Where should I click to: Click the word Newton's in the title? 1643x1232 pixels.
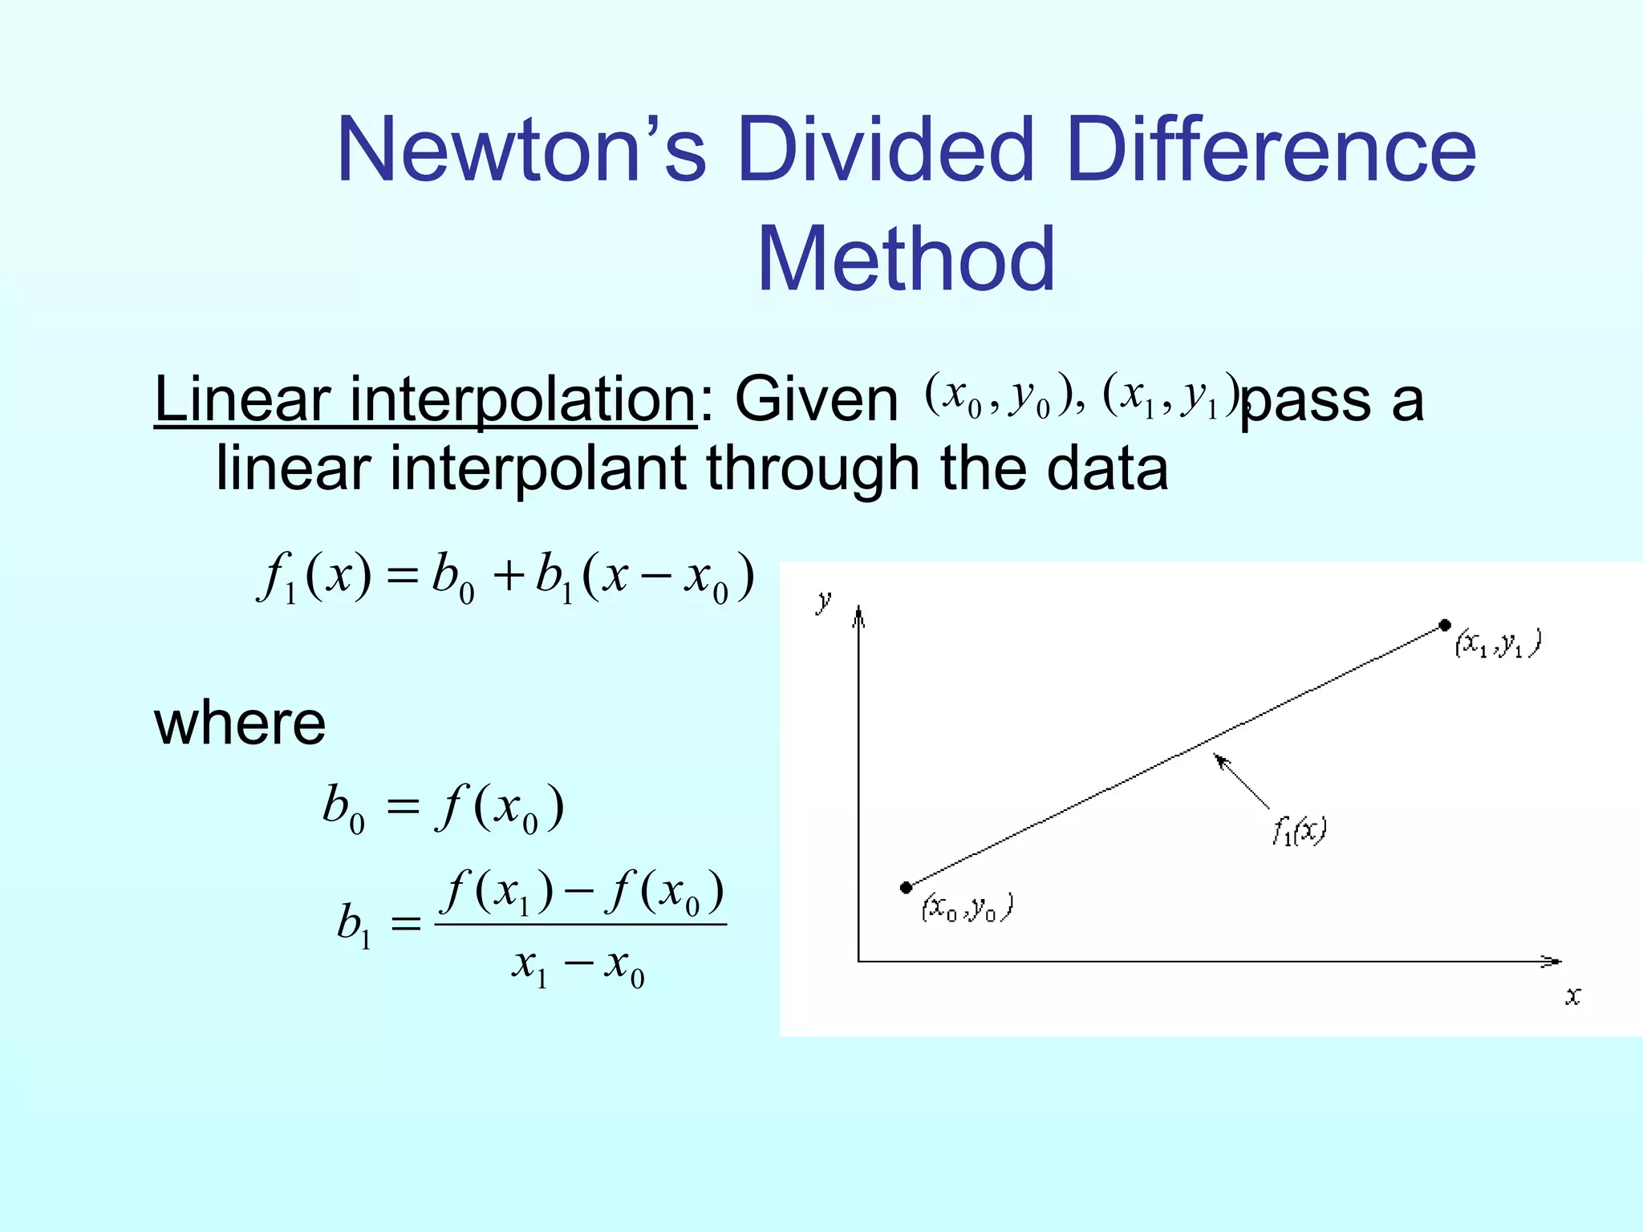pos(521,150)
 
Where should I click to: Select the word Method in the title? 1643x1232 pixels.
pos(906,259)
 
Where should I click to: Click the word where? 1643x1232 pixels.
pos(240,723)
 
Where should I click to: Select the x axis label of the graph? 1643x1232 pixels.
pos(1573,996)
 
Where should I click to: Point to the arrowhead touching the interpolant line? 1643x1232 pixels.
pos(1219,757)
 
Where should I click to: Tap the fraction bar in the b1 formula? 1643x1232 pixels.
pos(580,925)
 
